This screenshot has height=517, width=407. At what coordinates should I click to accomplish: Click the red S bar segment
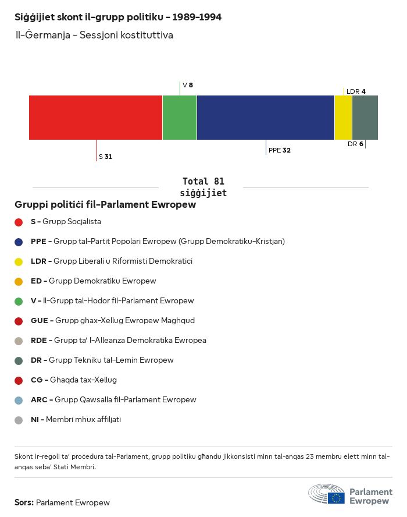click(95, 118)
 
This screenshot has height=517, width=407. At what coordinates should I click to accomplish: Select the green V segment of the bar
click(180, 118)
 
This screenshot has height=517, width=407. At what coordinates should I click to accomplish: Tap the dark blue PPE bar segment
click(266, 118)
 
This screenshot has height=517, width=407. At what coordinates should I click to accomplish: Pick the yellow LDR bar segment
click(343, 118)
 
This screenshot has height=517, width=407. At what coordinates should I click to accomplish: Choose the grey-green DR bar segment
click(365, 118)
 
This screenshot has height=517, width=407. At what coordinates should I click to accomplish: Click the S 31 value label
click(105, 157)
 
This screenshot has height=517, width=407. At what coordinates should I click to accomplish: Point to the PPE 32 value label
click(279, 150)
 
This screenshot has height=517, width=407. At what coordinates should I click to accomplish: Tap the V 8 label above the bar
click(187, 85)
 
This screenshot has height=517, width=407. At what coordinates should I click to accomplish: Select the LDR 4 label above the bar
click(356, 91)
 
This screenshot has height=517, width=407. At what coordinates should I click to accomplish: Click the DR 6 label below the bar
click(355, 144)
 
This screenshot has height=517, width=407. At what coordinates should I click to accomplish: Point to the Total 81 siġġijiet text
click(203, 187)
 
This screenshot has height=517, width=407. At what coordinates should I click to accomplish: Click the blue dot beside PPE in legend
click(19, 242)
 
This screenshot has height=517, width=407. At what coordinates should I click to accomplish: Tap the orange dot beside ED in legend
click(19, 281)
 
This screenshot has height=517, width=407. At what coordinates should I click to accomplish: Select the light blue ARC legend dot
click(19, 400)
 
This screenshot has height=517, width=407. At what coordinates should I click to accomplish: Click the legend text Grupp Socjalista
click(72, 222)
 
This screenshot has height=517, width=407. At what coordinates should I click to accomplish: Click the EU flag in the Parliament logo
click(336, 498)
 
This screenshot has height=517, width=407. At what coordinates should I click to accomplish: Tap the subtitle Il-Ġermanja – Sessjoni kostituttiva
click(94, 35)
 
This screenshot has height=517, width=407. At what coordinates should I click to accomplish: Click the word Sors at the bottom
click(23, 502)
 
